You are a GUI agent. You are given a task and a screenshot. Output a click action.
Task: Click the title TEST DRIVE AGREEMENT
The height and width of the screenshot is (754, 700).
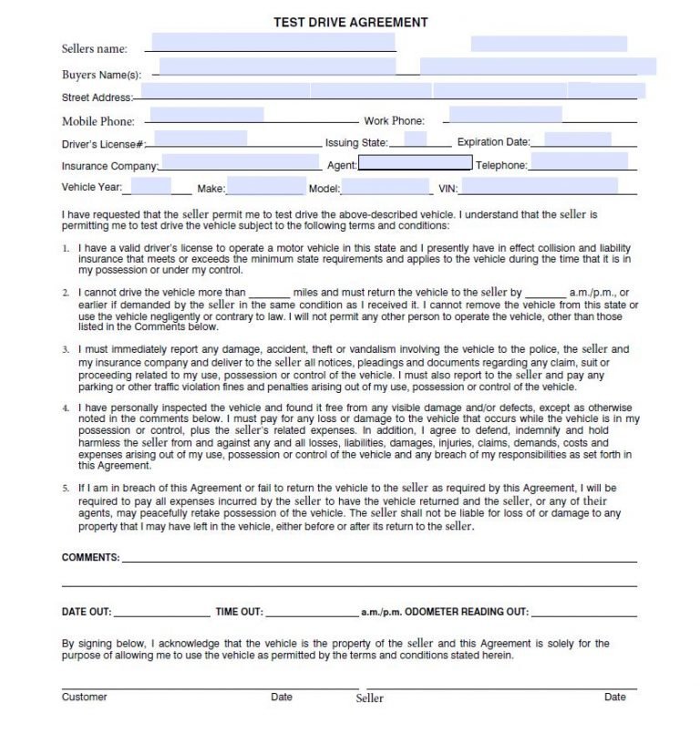click(x=350, y=23)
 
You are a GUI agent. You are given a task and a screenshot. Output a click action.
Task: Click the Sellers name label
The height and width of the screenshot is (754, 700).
click(x=95, y=49)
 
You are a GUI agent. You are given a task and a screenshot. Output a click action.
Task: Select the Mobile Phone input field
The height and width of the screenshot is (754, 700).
click(x=206, y=116)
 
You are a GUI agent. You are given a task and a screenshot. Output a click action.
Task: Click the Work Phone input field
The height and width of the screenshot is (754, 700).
click(x=504, y=115)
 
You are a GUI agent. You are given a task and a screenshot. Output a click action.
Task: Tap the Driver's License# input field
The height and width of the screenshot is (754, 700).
click(x=201, y=139)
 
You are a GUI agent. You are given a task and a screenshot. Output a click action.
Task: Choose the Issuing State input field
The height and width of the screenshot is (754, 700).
click(x=415, y=139)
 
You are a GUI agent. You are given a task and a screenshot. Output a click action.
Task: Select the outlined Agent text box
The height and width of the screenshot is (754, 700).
click(x=415, y=164)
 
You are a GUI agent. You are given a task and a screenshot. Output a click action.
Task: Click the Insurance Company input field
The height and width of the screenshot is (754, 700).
click(x=241, y=162)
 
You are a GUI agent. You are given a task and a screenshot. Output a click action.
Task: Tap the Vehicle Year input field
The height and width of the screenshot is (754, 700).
click(x=151, y=186)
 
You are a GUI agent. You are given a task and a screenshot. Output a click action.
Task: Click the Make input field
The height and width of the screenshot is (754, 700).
click(x=265, y=186)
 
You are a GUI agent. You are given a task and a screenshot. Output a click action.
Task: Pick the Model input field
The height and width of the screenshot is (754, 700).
click(x=386, y=187)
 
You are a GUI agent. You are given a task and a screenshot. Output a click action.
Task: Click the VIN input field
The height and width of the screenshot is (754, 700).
click(x=540, y=186)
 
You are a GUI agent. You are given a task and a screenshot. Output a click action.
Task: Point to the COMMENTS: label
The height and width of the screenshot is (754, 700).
click(x=90, y=557)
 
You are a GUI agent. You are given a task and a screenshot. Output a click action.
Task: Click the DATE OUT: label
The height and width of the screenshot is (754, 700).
click(x=87, y=613)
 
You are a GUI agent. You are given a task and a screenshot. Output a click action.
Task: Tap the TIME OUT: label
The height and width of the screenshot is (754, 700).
click(x=239, y=613)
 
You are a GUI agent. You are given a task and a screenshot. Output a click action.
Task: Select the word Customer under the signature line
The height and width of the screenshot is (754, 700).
click(x=85, y=697)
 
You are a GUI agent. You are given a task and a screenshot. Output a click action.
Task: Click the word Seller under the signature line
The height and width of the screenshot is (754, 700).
click(x=369, y=698)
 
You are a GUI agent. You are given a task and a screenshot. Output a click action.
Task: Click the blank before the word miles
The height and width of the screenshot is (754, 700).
click(x=270, y=294)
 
